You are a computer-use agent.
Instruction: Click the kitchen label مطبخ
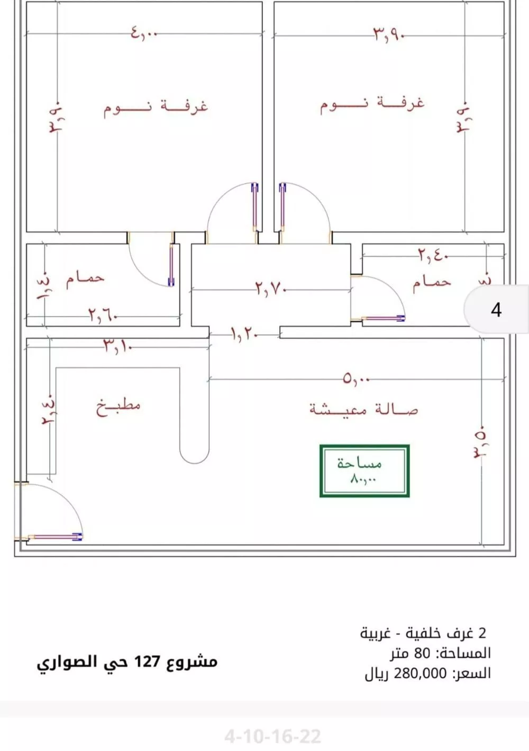[x=118, y=407]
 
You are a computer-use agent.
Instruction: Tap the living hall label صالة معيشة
[x=363, y=409]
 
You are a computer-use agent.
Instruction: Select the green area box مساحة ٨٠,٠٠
[x=364, y=471]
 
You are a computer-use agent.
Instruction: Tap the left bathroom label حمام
[x=85, y=278]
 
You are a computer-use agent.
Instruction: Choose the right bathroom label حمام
[x=432, y=282]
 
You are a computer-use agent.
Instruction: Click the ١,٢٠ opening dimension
[x=244, y=334]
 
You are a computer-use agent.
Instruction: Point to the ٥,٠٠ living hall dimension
[x=356, y=379]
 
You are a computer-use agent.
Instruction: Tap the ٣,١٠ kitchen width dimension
[x=117, y=347]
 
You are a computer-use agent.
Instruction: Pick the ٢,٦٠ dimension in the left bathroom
[x=102, y=316]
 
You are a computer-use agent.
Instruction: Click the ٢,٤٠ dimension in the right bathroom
[x=433, y=256]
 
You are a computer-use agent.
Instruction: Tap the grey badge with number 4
[x=496, y=309]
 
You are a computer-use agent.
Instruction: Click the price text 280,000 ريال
[x=427, y=673]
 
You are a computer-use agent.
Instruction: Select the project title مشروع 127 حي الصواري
[x=127, y=662]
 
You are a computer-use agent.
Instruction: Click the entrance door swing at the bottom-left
[x=53, y=511]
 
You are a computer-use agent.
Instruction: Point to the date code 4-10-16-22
[x=272, y=736]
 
